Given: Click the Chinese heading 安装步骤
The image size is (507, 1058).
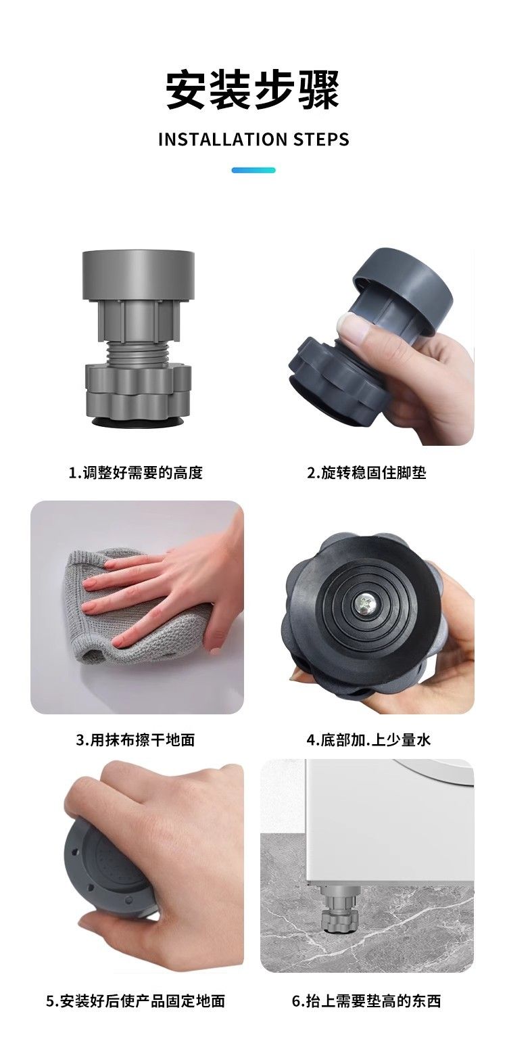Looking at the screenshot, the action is pos(253,90).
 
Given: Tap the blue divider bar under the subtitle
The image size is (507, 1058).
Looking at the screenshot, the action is pos(253,170).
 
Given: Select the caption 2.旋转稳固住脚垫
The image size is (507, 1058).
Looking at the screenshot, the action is pos(366,472).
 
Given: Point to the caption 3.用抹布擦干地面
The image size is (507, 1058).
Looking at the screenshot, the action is pos(135,739).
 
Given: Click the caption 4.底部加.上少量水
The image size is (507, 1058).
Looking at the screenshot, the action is pos(368,739).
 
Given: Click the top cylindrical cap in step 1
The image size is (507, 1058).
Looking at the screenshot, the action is pos(139,276).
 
